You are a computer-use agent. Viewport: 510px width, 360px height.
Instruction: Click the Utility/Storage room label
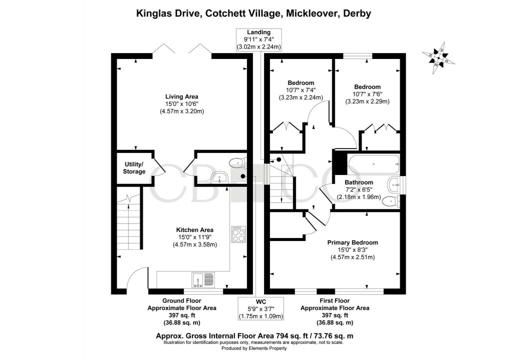coord(133,168)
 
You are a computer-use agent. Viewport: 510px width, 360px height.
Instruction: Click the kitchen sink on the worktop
coord(202,280)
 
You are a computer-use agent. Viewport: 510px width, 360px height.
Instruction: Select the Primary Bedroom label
coord(352,242)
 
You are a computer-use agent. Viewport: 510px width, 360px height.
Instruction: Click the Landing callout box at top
coord(258,39)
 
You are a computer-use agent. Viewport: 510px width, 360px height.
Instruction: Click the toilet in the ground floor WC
coord(237,161)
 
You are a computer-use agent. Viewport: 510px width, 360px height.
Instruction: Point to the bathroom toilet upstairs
coord(391,201)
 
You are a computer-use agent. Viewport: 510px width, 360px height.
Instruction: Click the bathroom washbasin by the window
coord(395,185)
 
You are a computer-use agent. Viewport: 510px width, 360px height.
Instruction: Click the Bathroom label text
coord(358,182)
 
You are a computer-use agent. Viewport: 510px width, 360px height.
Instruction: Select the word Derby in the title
coord(356,13)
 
